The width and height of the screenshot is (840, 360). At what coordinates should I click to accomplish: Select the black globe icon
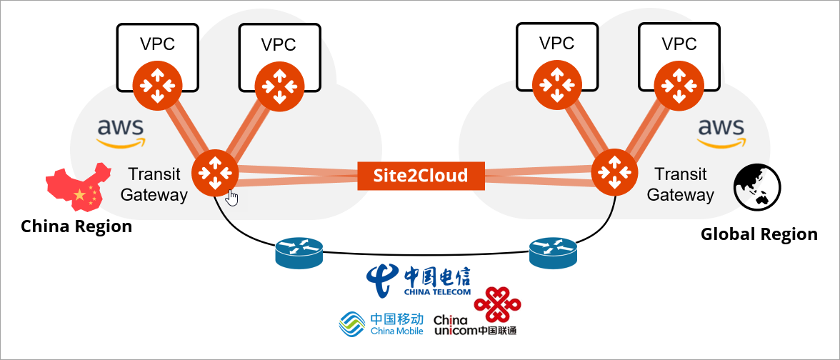coord(757,187)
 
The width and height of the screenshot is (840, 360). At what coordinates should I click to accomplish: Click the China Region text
coord(76,227)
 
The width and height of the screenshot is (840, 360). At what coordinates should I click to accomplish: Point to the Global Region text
coord(759,234)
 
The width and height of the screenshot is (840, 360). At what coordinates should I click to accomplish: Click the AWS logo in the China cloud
coord(121,132)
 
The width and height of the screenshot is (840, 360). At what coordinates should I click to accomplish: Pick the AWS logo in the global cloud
coord(720,132)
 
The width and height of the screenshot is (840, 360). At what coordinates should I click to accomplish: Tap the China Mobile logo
coord(381,324)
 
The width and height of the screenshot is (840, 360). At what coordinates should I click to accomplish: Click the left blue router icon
coord(298,251)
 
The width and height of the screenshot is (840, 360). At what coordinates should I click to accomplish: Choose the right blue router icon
coord(552,251)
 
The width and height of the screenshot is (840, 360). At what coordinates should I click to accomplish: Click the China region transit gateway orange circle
coord(214,172)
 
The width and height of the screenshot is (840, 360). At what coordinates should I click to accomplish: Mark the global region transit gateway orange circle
coord(614,172)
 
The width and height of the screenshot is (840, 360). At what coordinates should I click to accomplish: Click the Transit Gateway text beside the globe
coord(680,184)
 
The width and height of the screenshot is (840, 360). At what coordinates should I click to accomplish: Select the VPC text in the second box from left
coord(279,44)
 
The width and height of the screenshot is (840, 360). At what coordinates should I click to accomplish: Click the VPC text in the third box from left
coord(556,44)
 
